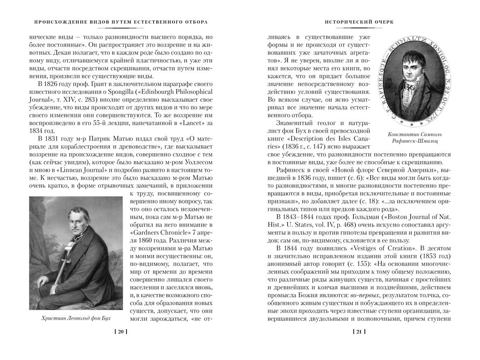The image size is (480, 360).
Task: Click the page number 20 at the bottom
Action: coord(120,332)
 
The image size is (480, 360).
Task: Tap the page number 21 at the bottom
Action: coord(359,332)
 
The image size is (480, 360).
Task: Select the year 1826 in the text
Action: coord(51,84)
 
